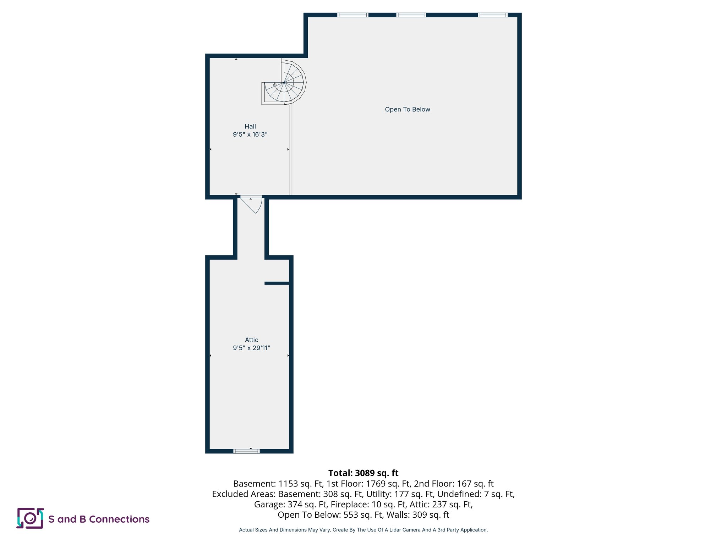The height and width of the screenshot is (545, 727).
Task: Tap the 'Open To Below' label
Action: (x=408, y=110)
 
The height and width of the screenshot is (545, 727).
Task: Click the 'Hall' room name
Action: (x=250, y=126)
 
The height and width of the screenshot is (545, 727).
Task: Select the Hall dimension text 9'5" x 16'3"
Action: (x=250, y=134)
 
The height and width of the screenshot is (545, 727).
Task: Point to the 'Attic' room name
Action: (x=252, y=340)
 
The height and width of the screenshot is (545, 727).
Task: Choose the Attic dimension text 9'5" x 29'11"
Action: (x=251, y=348)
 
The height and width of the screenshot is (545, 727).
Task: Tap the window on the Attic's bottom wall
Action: (x=246, y=451)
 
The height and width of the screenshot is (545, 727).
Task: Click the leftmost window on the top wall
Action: (x=352, y=15)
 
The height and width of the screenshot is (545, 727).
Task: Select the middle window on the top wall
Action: (x=411, y=15)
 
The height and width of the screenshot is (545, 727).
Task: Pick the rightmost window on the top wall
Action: (x=493, y=15)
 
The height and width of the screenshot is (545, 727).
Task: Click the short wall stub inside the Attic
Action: (x=277, y=283)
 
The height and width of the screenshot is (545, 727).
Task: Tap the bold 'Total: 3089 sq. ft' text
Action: (x=363, y=473)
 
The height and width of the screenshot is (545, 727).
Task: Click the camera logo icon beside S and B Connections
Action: (x=30, y=518)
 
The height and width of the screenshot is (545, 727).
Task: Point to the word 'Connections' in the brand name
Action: (x=119, y=519)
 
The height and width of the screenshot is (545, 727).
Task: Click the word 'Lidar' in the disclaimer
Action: (x=393, y=530)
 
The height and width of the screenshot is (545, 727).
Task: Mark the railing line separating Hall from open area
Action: (x=290, y=149)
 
